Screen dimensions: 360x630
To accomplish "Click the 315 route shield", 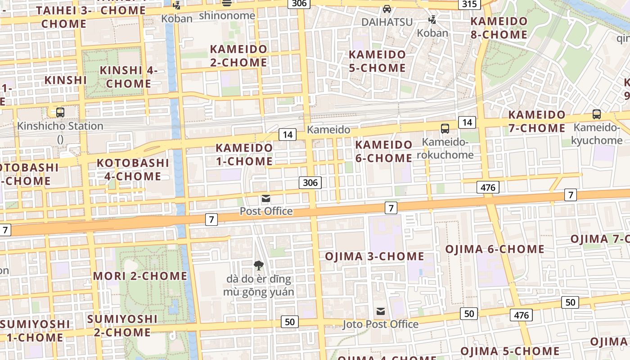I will click(469, 4).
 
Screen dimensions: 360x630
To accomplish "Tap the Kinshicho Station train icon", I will click(60, 112).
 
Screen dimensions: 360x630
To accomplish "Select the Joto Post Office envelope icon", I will click(381, 311).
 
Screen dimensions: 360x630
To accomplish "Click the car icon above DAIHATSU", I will click(387, 9).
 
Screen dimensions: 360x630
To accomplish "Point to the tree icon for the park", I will click(258, 265).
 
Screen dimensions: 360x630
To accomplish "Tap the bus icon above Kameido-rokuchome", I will click(445, 128).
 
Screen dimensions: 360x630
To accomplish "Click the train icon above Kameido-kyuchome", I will click(597, 114).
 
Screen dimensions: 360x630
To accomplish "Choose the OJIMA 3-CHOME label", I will click(374, 256).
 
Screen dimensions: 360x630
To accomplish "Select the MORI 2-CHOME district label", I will click(140, 276).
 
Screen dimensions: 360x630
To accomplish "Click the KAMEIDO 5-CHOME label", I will click(378, 61).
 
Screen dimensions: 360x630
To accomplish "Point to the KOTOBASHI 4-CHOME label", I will click(132, 169).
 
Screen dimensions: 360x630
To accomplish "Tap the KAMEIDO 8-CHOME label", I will click(499, 28).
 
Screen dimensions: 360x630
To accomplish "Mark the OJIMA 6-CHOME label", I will click(495, 249).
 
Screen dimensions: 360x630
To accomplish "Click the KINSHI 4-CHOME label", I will click(129, 77).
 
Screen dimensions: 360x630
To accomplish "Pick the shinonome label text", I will click(227, 16).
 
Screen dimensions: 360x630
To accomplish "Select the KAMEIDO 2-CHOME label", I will click(238, 56).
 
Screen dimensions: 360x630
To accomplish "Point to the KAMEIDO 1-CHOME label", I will click(244, 154).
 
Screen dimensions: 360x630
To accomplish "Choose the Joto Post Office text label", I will click(380, 324).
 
